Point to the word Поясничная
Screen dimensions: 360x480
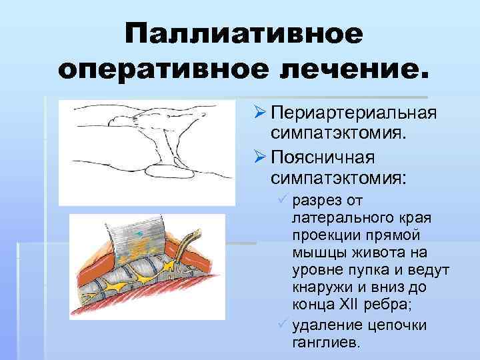[x=324, y=158]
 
